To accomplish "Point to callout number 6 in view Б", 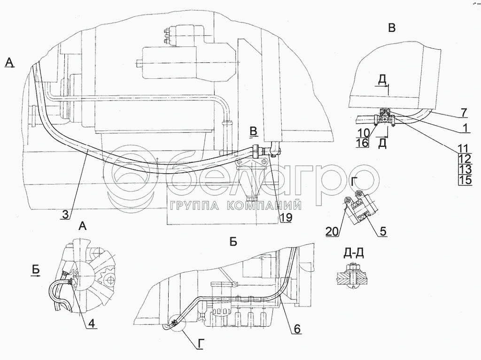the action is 296,329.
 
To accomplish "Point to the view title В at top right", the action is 391,29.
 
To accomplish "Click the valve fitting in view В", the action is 385,118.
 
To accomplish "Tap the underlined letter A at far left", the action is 9,62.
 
